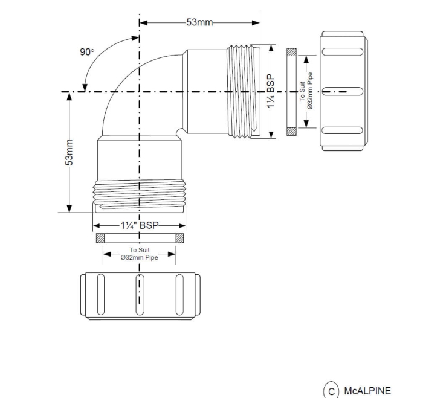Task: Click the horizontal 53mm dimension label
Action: point(199,22)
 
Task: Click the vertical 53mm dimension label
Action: point(69,152)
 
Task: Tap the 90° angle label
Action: point(87,52)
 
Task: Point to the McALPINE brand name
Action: point(367,390)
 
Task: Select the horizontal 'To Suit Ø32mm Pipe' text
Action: point(140,254)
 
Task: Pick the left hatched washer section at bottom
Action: point(100,237)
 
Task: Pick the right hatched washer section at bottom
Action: point(179,237)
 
